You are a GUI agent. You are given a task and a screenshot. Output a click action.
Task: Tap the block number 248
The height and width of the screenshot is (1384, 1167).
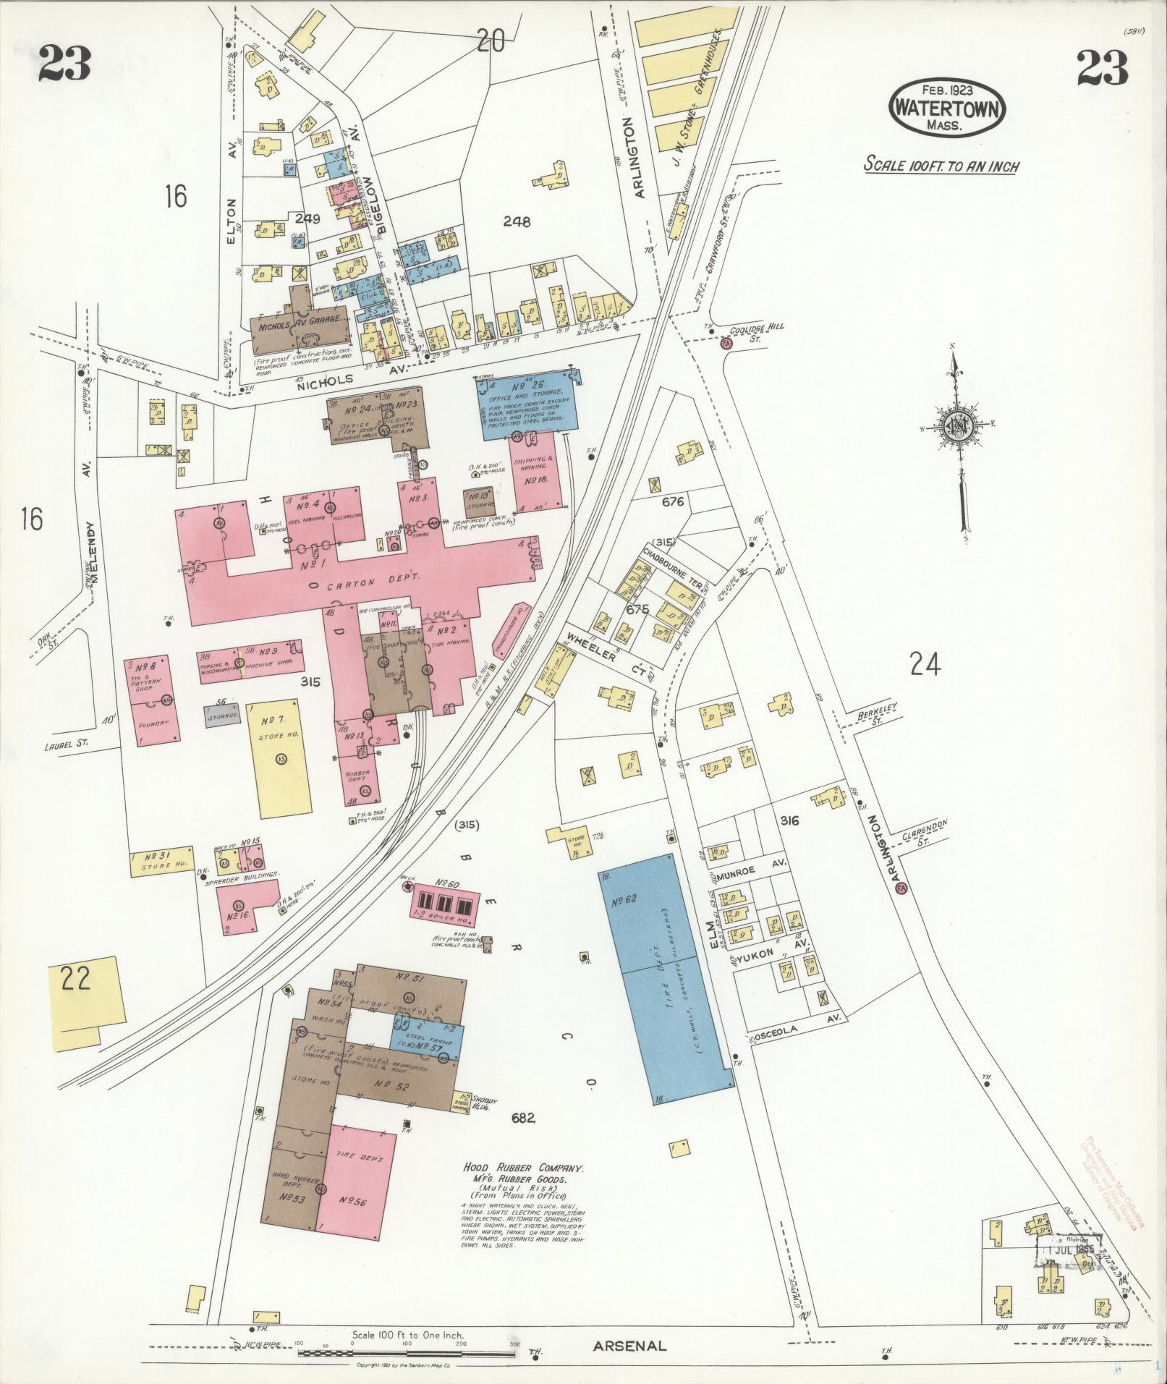[517, 221]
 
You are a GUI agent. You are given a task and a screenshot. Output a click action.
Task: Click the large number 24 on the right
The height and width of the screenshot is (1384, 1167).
[925, 664]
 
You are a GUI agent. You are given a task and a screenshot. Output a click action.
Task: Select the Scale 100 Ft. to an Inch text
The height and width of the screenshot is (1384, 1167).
[941, 166]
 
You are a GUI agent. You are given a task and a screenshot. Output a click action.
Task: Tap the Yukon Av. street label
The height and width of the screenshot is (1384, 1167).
[774, 956]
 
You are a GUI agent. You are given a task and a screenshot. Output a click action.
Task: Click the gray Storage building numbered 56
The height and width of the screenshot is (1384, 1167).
[222, 715]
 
